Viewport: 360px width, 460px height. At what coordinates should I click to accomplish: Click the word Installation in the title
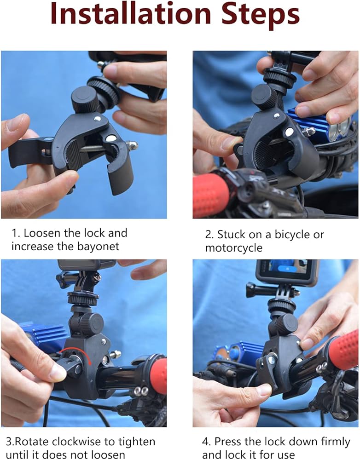[131, 13]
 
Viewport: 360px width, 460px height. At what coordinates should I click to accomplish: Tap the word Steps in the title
[261, 15]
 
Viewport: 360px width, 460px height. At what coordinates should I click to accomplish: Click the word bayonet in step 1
[98, 247]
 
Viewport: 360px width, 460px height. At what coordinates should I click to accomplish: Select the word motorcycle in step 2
[234, 248]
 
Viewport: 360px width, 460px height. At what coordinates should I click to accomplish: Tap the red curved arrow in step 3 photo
[72, 354]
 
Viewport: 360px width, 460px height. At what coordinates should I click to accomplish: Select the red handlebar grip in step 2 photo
[210, 195]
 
